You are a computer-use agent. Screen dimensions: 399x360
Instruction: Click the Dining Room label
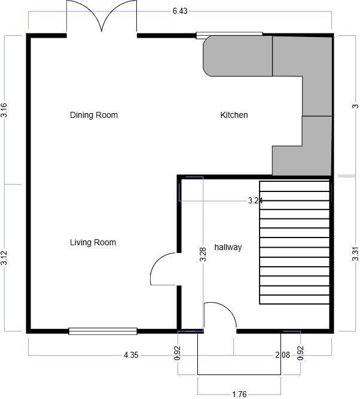pos(94,115)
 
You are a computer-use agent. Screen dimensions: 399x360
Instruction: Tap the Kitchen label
pos(234,115)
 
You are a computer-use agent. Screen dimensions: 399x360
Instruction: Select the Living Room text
pos(93,242)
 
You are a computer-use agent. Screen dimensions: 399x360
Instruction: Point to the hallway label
pos(228,247)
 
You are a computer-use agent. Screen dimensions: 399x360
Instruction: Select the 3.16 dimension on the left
pos(5,110)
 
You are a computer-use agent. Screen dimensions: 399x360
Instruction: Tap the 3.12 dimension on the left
pos(5,258)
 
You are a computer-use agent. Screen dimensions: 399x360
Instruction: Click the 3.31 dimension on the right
pos(355,254)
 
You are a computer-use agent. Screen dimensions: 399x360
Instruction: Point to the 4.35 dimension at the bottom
pos(131,355)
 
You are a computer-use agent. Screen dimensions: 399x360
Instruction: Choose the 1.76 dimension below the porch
pos(239,394)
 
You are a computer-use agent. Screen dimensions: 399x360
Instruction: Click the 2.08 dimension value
pos(282,355)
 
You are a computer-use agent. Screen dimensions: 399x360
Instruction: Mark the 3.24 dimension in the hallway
pos(255,201)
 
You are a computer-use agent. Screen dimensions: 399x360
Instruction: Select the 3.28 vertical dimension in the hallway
pos(203,254)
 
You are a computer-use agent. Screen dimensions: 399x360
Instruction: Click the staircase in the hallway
pos(294,242)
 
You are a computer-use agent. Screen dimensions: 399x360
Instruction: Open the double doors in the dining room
pos(102,18)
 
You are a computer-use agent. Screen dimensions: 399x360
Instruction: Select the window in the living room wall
pos(103,331)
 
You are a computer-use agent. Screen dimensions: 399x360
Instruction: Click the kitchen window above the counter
pos(230,35)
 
